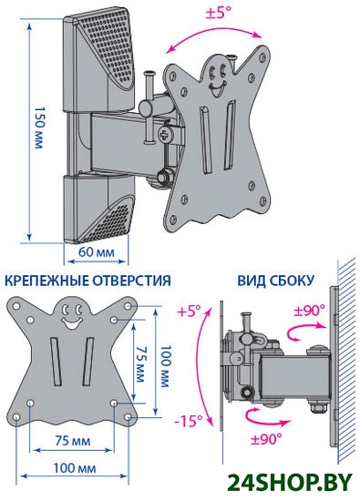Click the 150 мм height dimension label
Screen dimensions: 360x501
pyautogui.click(x=38, y=128)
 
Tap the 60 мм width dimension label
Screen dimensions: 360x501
pyautogui.click(x=97, y=252)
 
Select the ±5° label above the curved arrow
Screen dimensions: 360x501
pyautogui.click(x=219, y=13)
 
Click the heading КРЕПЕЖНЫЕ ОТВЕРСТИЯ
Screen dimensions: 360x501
pyautogui.click(x=88, y=281)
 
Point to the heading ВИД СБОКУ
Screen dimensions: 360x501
pyautogui.click(x=275, y=281)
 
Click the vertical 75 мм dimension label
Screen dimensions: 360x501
pyautogui.click(x=139, y=364)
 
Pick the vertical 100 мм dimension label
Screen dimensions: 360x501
pyautogui.click(x=165, y=366)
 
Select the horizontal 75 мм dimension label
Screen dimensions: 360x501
pyautogui.click(x=73, y=441)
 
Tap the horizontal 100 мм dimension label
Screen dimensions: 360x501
pyautogui.click(x=74, y=468)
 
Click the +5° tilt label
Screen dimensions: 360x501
pyautogui.click(x=189, y=311)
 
